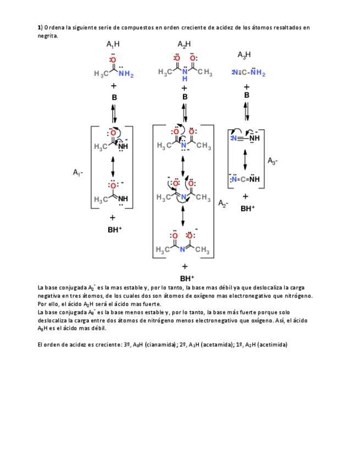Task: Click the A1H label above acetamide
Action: [113, 45]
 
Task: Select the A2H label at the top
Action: [185, 45]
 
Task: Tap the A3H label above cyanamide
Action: [245, 54]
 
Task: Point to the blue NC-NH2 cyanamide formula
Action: [248, 73]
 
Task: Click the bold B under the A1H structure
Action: [114, 97]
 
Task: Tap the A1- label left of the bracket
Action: [77, 173]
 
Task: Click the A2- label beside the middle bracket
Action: [224, 203]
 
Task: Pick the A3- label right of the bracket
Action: [273, 161]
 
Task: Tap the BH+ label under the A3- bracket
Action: [248, 209]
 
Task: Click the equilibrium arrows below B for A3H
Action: [247, 112]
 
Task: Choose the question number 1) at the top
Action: [40, 26]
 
